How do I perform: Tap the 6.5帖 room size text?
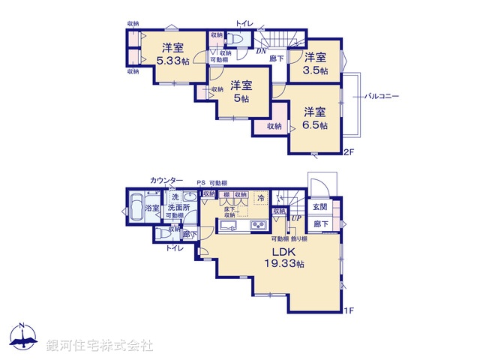[x=315, y=126]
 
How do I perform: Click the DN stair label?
[x=260, y=51]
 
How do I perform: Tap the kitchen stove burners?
[x=259, y=226]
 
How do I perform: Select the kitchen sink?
[x=227, y=226]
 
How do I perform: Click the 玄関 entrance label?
[x=320, y=206]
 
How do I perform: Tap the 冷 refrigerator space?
[x=260, y=199]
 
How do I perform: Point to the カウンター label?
[x=166, y=181]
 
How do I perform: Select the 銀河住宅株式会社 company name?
[x=100, y=344]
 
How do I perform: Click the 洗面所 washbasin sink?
[x=188, y=199]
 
